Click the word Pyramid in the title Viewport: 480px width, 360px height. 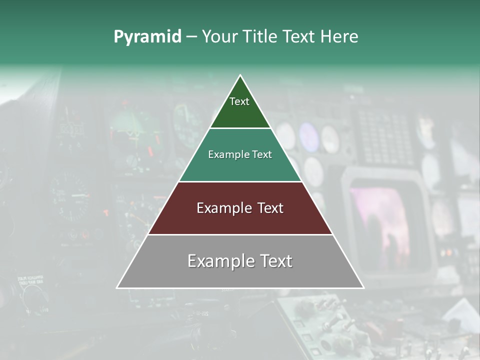point(147,37)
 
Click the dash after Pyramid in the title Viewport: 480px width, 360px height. point(191,37)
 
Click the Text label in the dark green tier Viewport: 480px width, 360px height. point(239,101)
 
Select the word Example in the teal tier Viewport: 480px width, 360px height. point(227,154)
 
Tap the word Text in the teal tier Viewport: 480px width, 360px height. point(262,154)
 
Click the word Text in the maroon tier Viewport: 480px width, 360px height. point(270,208)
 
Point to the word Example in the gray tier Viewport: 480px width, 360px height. point(219,261)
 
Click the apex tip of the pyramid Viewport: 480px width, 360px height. point(240,75)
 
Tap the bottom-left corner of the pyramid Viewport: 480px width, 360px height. point(117,287)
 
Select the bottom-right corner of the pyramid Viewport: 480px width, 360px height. point(363,287)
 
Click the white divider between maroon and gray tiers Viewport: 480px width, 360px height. point(240,234)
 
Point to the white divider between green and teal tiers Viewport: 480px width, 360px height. point(240,128)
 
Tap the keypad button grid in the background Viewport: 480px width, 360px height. point(385,132)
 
